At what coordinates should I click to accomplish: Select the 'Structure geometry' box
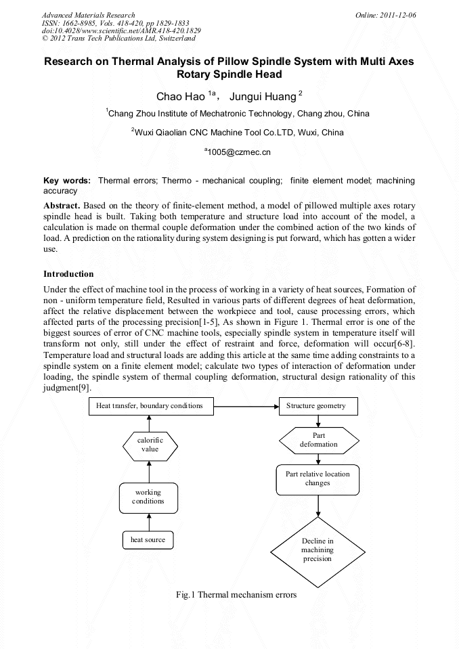(318, 406)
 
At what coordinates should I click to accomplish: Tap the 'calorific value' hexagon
(150, 445)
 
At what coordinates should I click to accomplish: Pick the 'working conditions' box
(149, 497)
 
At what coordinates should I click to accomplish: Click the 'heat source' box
(148, 539)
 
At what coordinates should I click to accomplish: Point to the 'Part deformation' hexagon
(318, 440)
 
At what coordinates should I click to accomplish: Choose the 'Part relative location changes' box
(318, 478)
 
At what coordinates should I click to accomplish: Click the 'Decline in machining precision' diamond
(318, 550)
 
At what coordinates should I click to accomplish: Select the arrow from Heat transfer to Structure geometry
(246, 407)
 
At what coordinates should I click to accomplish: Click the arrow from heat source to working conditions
(149, 522)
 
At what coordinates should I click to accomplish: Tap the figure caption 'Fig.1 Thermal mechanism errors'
(236, 595)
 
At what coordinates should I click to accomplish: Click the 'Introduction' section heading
(68, 274)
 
